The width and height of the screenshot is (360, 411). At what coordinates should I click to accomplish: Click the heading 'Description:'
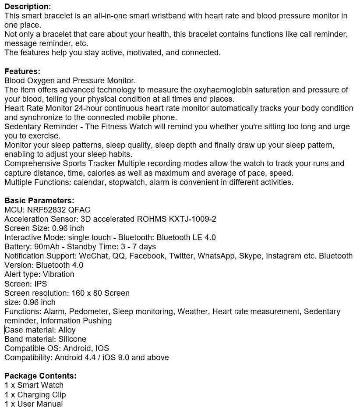[28, 7]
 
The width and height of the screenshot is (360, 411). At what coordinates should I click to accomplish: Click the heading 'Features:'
[22, 71]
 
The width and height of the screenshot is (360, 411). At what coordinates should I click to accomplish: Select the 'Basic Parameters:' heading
[39, 201]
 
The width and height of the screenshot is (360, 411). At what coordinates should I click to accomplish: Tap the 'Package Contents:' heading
[40, 376]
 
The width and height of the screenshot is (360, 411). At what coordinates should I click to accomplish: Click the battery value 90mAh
[46, 247]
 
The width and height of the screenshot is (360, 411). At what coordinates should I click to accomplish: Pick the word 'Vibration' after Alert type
[58, 274]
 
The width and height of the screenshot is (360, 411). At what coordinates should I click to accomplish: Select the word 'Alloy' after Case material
[67, 330]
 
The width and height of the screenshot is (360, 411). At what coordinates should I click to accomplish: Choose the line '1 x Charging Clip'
[35, 395]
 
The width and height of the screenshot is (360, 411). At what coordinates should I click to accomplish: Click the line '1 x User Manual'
[34, 404]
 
